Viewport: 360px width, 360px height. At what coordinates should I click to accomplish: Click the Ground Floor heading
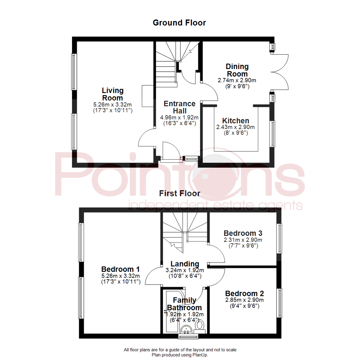(x=179, y=23)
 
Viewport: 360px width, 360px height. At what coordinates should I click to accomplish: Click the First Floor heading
(x=180, y=193)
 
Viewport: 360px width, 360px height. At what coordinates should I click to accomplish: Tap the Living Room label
(x=113, y=94)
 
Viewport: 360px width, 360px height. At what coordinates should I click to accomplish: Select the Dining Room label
(x=237, y=70)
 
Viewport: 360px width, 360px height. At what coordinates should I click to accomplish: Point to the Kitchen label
(x=236, y=121)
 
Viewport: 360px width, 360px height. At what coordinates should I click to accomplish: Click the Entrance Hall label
(x=179, y=107)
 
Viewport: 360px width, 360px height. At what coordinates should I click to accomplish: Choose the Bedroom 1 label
(x=120, y=269)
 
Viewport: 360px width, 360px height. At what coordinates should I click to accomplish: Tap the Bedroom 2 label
(x=244, y=294)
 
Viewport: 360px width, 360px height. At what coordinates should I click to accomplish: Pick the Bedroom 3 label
(x=243, y=233)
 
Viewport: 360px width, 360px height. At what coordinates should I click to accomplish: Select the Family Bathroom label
(x=184, y=304)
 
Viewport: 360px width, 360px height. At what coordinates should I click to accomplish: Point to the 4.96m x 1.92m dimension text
(x=180, y=117)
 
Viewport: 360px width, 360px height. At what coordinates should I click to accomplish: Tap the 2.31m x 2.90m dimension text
(x=243, y=240)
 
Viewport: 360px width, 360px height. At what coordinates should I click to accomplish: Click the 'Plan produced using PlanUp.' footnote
(x=180, y=355)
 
